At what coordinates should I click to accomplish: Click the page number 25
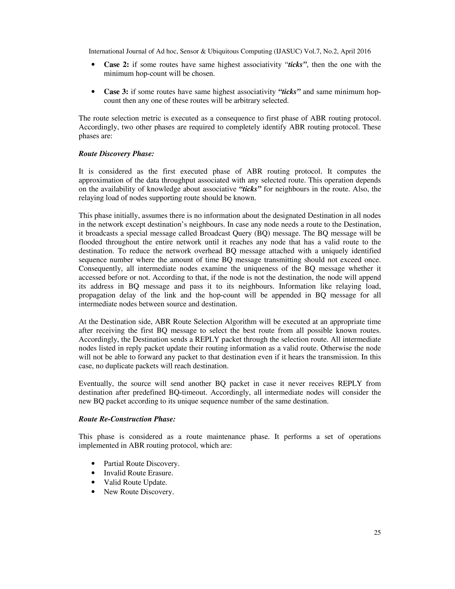coord(377,532)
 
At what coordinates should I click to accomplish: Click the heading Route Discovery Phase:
coord(116,154)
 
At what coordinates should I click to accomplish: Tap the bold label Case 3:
coord(116,92)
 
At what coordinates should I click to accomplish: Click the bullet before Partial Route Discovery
coord(93,464)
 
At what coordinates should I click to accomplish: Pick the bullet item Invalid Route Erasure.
coord(138,473)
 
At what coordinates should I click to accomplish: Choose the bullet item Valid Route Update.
coord(135,482)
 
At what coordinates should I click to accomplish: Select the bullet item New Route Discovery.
coord(139,492)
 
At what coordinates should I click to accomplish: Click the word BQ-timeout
coord(188,392)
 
